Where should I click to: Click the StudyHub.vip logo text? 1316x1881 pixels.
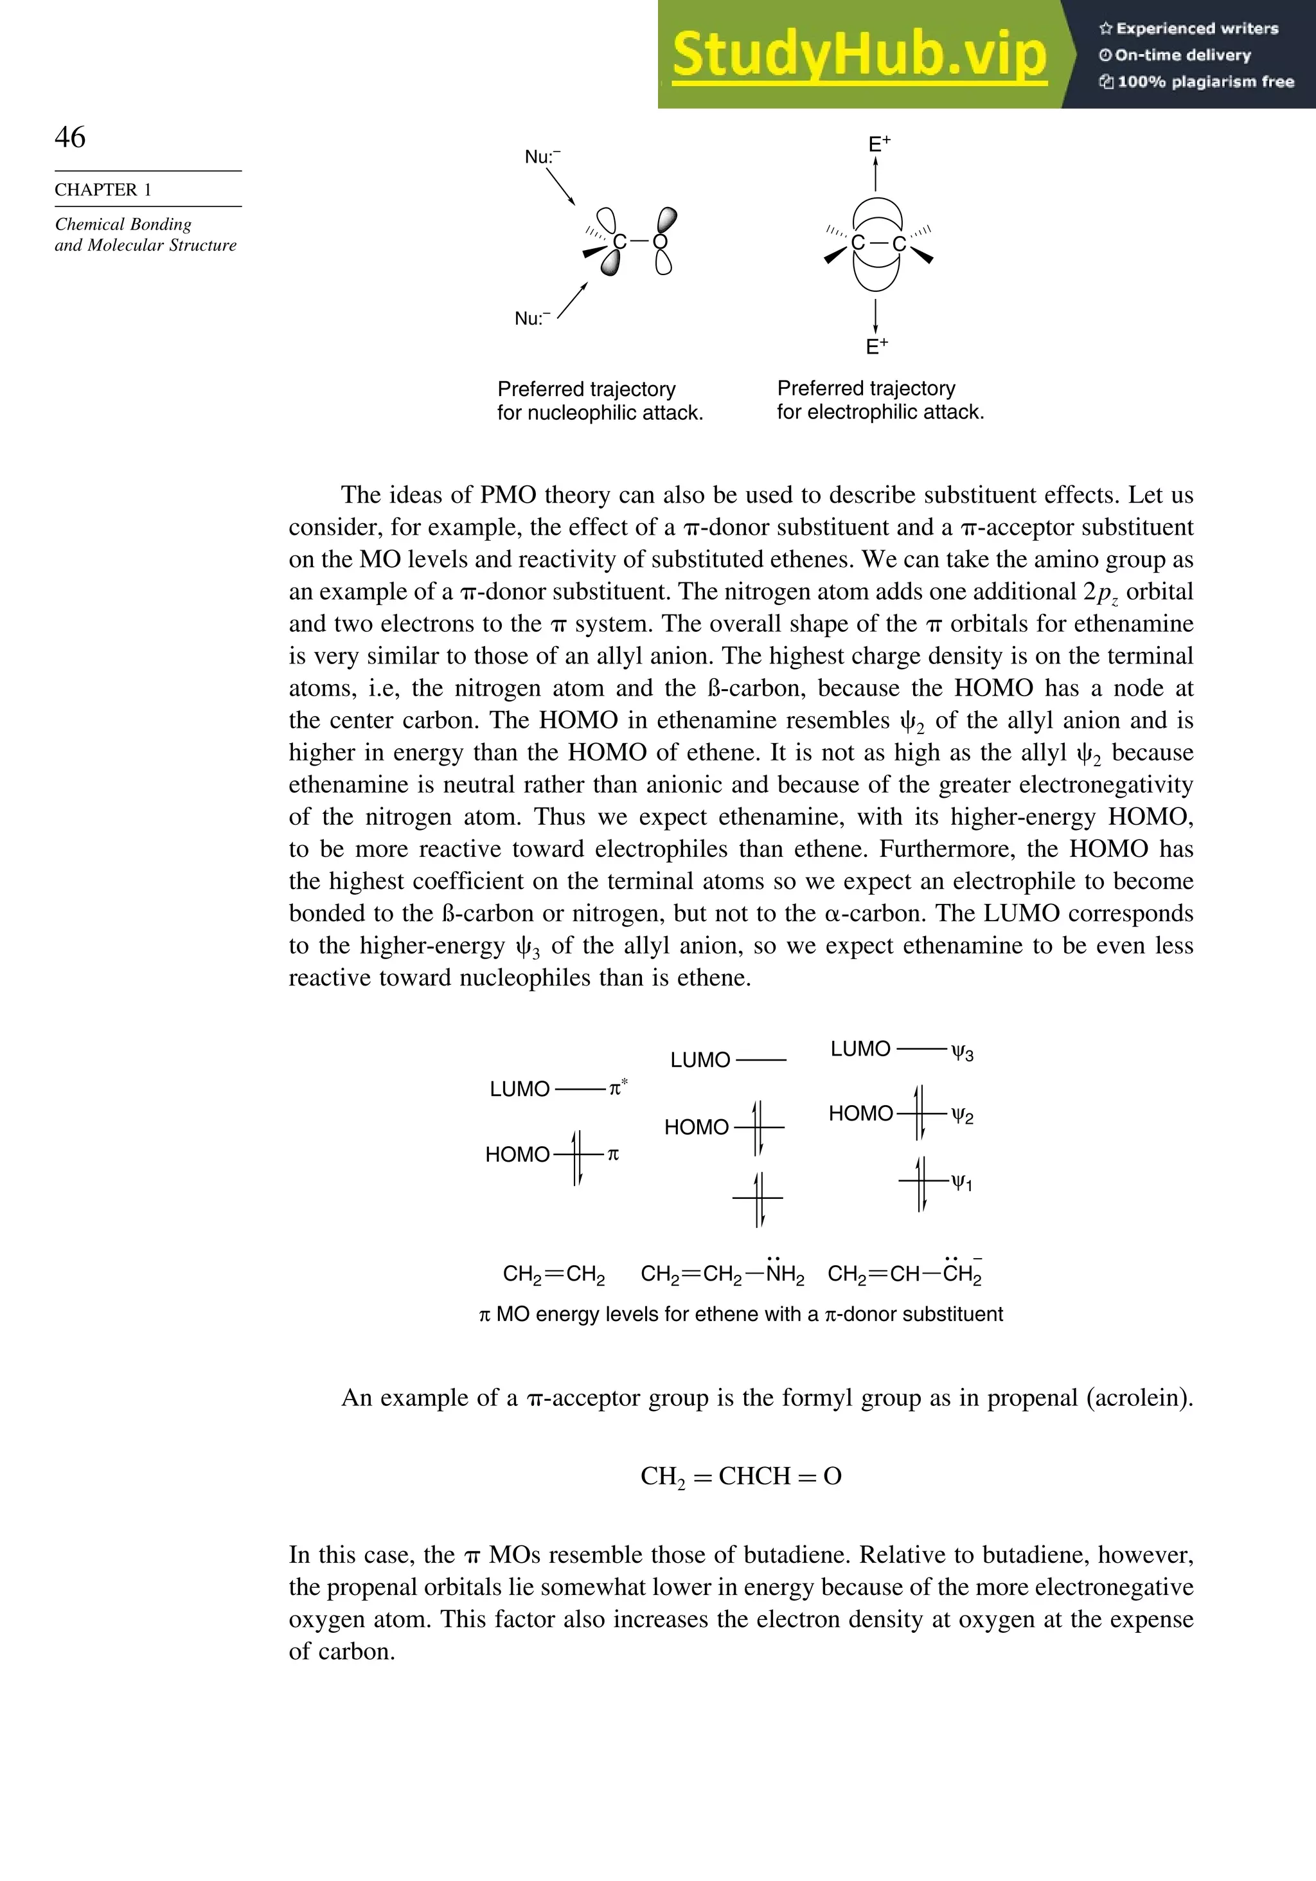point(859,54)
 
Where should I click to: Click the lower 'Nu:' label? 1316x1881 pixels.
point(531,319)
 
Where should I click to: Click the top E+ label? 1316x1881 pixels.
point(878,144)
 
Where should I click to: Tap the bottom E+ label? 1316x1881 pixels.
point(876,346)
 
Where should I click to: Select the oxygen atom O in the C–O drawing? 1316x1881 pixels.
point(661,242)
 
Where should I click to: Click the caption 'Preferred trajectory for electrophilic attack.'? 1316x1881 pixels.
point(880,400)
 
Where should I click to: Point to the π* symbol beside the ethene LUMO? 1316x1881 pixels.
point(618,1088)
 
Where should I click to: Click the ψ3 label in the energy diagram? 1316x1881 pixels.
point(962,1053)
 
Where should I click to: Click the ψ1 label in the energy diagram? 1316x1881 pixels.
point(961,1183)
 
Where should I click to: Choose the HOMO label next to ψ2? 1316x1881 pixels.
point(860,1113)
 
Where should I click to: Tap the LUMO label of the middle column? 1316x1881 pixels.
point(700,1060)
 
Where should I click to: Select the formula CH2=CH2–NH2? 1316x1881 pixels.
point(722,1274)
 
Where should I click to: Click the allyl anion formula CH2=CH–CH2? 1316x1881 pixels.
point(904,1274)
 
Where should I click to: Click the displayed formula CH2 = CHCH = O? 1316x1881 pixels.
point(740,1476)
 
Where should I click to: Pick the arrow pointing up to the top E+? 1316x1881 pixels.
point(876,174)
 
